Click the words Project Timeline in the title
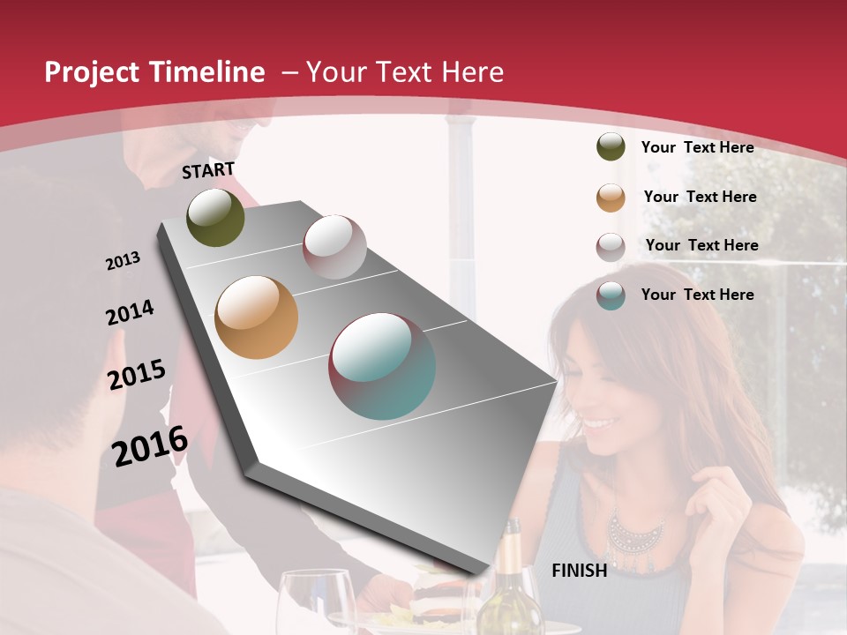coord(154,72)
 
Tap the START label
coord(208,170)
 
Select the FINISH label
coord(580,571)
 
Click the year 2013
coord(124,261)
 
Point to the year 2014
coord(131,312)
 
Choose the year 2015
coord(137,375)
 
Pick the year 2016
coord(150,445)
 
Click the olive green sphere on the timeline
coord(215,217)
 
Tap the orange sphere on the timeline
coord(256,317)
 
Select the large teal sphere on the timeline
coord(382,366)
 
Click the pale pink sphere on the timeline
coord(334,247)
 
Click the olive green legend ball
coord(611,147)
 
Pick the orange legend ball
coord(611,198)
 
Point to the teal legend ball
coord(611,295)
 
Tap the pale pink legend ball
coord(611,247)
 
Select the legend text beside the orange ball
coord(700,197)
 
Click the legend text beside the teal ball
coord(697,295)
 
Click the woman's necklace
coord(635,529)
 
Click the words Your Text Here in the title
coord(404,72)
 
